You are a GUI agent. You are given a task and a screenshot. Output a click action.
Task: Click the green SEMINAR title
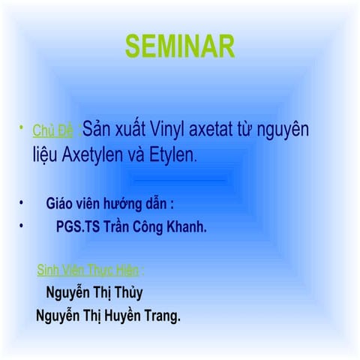180,46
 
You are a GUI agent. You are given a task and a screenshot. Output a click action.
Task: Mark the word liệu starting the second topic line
44,156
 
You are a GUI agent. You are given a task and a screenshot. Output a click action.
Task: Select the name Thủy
126,292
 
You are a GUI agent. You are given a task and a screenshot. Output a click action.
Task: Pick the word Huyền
115,316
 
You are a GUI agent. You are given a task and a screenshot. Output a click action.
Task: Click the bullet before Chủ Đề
23,131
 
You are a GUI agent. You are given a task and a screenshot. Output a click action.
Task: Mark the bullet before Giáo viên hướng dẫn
23,203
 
